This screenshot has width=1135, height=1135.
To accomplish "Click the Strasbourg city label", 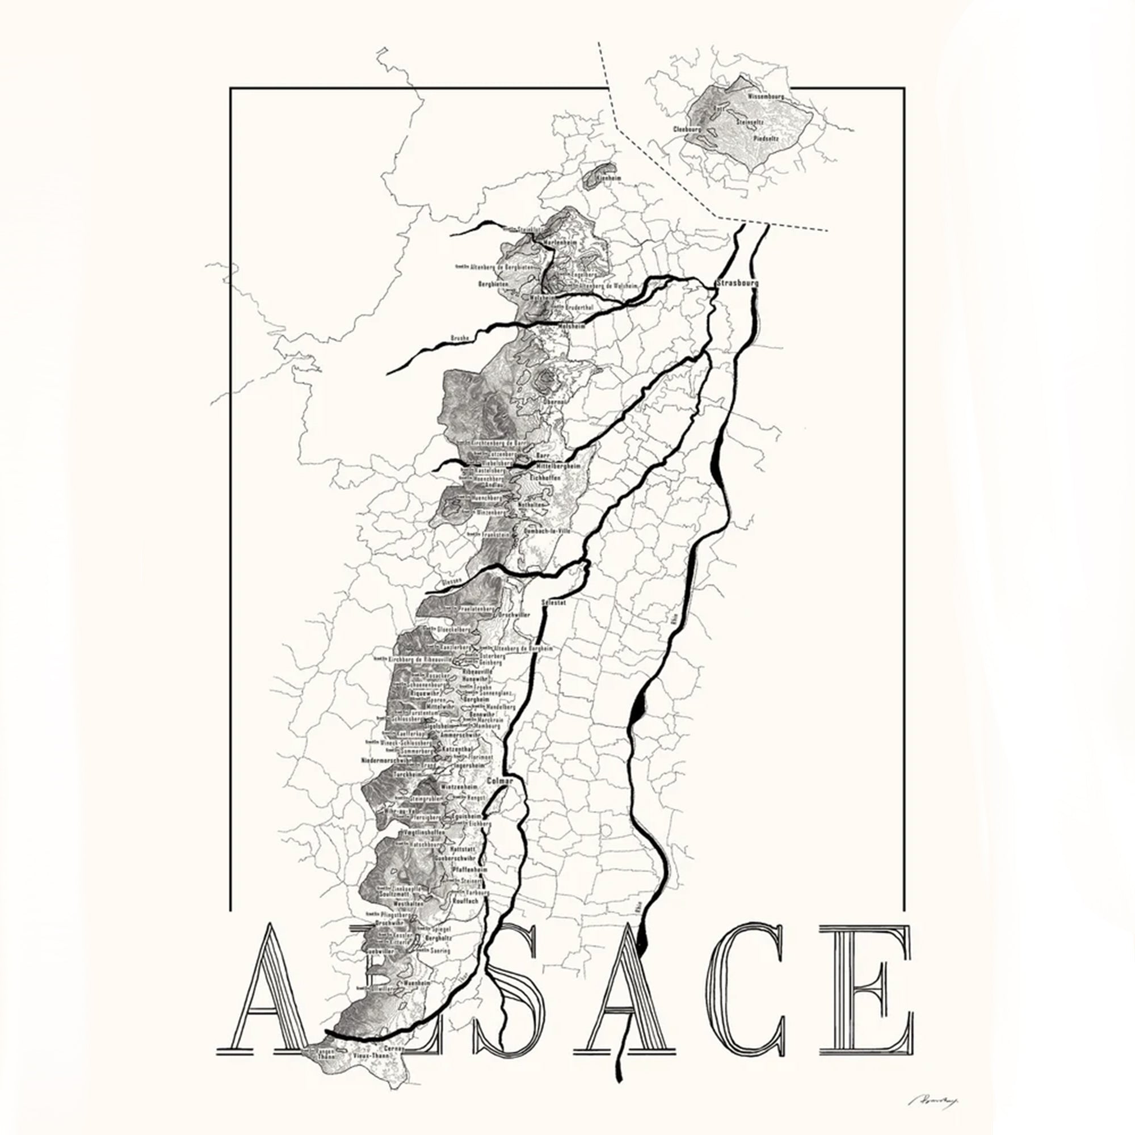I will tap(737, 283).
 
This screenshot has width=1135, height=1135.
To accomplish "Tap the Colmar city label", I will tap(500, 781).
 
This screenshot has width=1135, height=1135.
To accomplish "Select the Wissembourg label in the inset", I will tap(765, 95).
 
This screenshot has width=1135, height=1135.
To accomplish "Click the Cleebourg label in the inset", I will tap(687, 129).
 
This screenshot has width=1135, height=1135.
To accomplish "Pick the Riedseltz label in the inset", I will tap(766, 138).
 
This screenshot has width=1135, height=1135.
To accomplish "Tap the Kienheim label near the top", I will tap(608, 177).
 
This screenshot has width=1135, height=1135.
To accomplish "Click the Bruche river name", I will tap(460, 338).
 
